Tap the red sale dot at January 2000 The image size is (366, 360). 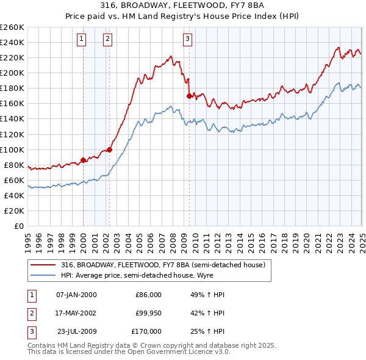click(83, 160)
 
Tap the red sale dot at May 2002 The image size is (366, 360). click(110, 149)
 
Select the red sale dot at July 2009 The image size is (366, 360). click(190, 96)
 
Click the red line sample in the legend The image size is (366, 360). click(43, 265)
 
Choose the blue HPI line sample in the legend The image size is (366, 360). click(43, 275)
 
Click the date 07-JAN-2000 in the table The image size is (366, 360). click(76, 295)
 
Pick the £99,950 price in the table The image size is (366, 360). click(148, 313)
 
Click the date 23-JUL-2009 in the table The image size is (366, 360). click(76, 331)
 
